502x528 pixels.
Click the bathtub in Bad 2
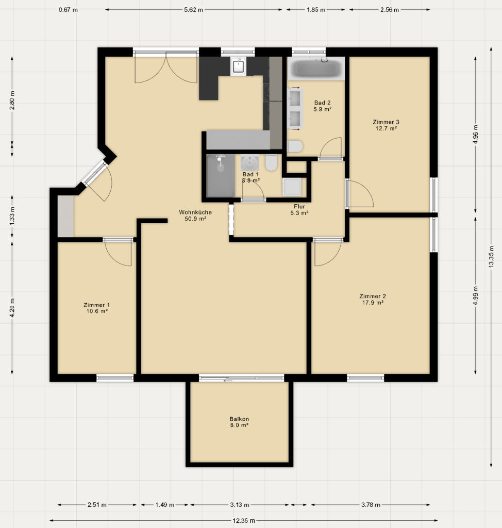(316, 69)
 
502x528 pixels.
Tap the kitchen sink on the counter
(239, 67)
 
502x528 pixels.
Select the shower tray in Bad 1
(221, 175)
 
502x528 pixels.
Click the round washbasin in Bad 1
(250, 163)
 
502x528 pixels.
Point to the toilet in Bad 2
(295, 146)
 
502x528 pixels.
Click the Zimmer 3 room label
(386, 122)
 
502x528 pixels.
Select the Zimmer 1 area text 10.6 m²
(97, 311)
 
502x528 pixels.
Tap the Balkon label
(239, 419)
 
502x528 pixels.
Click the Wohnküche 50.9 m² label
(195, 215)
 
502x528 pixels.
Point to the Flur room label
(299, 206)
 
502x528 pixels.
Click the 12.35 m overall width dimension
(243, 521)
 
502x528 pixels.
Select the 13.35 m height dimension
(491, 257)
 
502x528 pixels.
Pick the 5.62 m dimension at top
(194, 10)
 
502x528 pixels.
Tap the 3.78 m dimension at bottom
(371, 504)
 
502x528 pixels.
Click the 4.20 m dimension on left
(12, 308)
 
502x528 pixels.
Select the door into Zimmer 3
(360, 194)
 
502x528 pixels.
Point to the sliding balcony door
(241, 378)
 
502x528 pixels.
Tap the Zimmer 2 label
(372, 296)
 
